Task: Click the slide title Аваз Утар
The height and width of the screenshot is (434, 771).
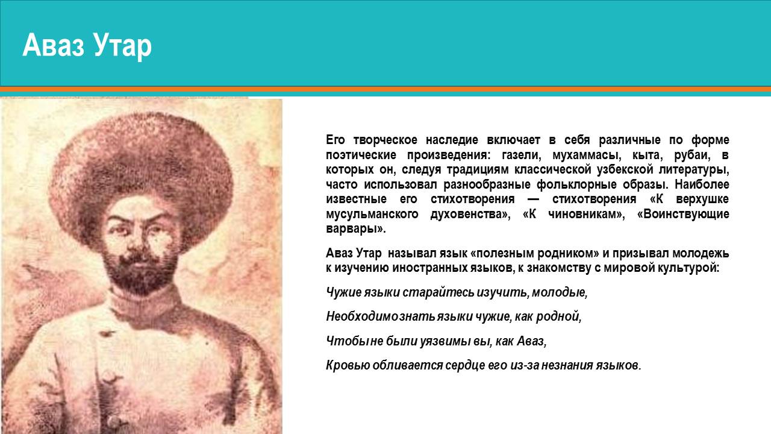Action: click(87, 46)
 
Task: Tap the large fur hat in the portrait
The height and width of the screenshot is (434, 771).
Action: click(141, 172)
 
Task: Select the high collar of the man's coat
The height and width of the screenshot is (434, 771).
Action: click(145, 300)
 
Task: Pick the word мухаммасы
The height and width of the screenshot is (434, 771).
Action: click(587, 155)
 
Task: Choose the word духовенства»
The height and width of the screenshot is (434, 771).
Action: click(470, 214)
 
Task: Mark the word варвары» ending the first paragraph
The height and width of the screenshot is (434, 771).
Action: click(356, 229)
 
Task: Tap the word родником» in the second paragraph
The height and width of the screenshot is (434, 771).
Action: click(568, 253)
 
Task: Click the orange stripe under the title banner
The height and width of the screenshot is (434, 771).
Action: click(385, 89)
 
